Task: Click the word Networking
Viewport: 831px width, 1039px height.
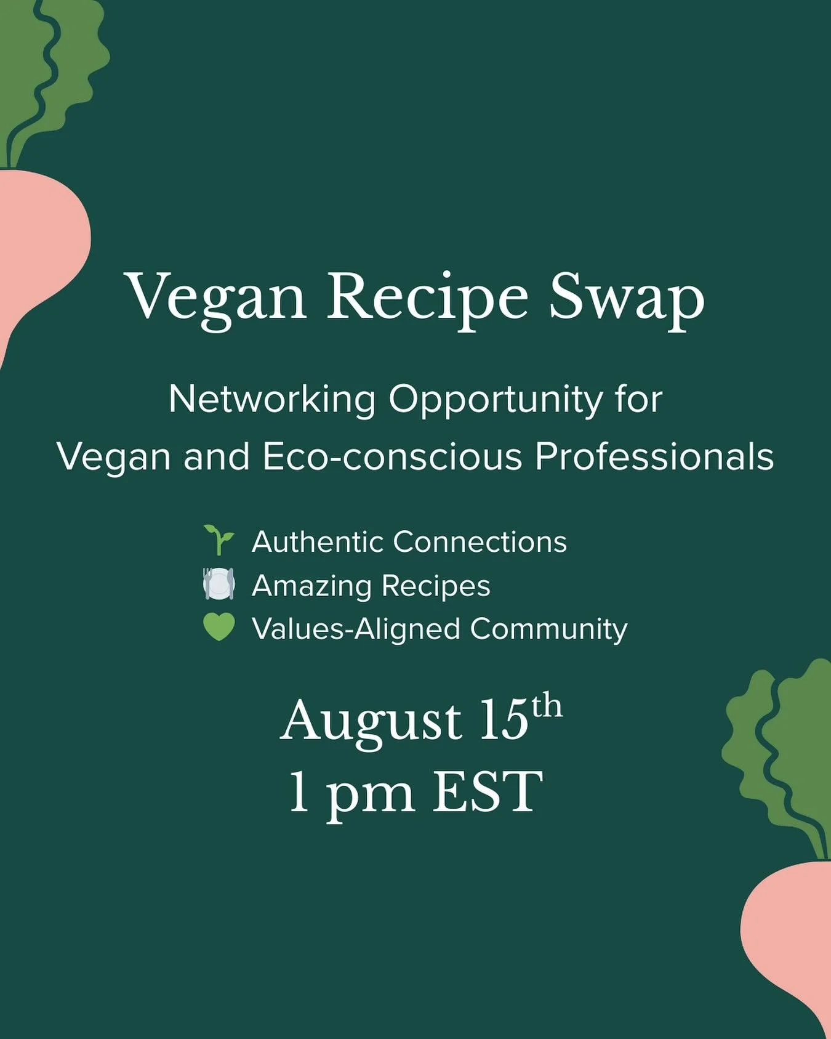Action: tap(271, 400)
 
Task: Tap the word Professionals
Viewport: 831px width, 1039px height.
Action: tap(654, 457)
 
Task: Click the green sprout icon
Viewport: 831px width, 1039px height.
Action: tap(219, 540)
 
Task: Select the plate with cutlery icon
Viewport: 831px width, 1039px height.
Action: tap(219, 584)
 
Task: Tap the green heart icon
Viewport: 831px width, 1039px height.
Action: tap(219, 628)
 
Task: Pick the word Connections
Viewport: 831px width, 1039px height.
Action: tap(480, 542)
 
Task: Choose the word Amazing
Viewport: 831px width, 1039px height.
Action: tap(311, 586)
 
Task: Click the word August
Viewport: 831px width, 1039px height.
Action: tap(371, 722)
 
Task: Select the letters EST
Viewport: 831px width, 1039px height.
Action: tap(488, 793)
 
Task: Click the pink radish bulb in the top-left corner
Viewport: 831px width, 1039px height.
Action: tap(37, 246)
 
